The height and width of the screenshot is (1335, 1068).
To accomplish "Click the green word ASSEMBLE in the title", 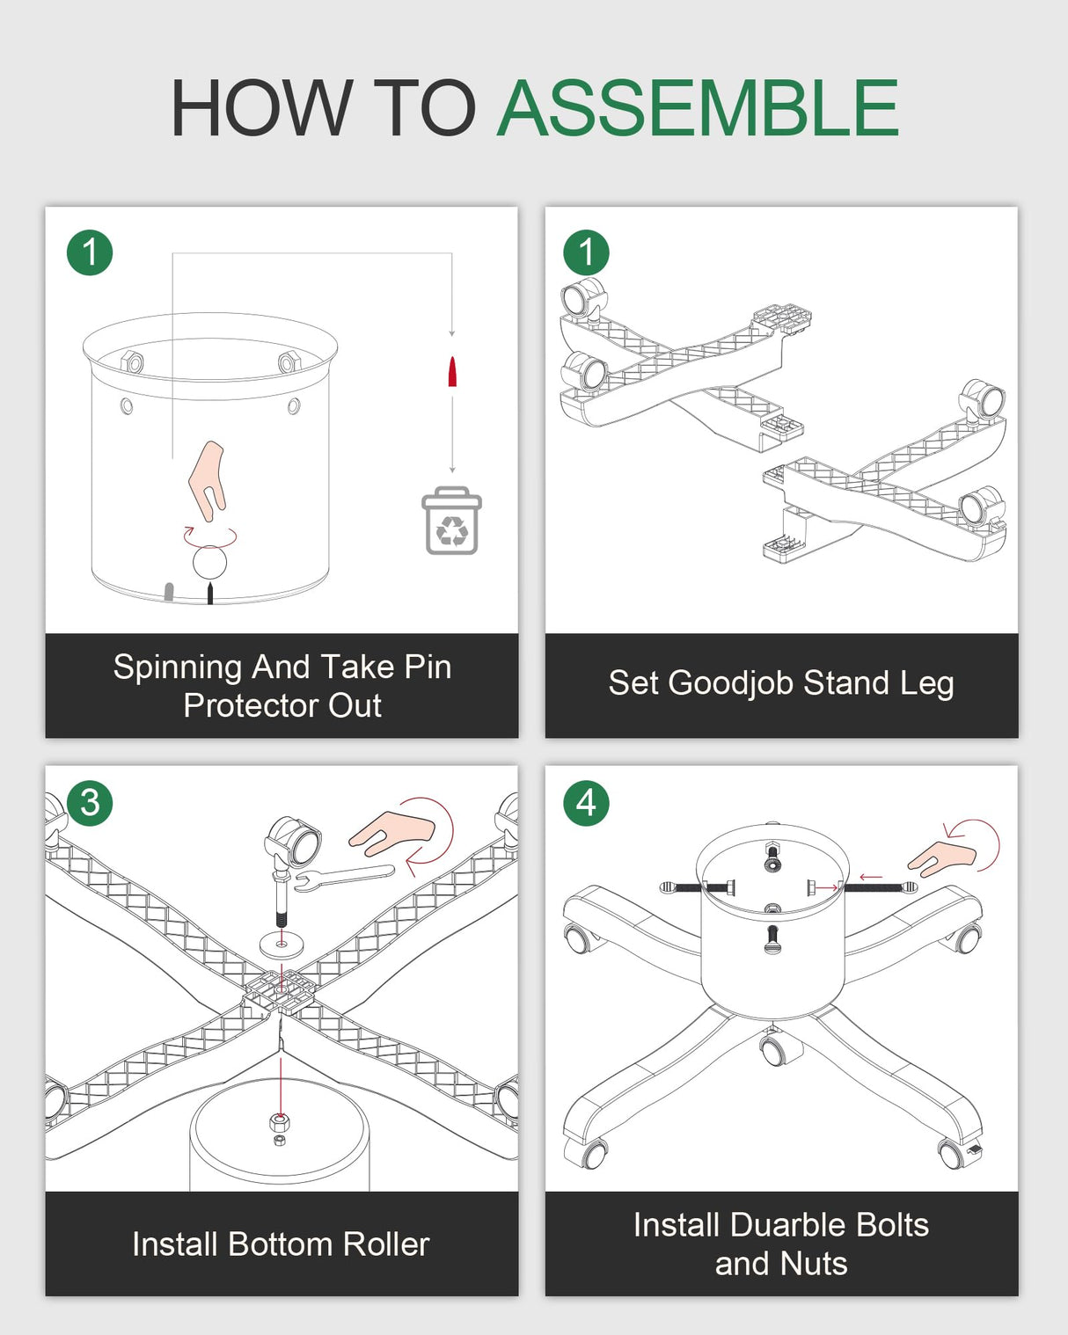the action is (698, 107).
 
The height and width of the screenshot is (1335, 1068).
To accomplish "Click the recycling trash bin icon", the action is (452, 521).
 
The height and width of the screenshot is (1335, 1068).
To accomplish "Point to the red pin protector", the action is (452, 372).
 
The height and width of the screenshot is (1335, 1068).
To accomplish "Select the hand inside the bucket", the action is (208, 479).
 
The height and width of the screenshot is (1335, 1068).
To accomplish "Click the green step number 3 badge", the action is (90, 803).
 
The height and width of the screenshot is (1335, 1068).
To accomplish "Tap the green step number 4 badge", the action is (587, 803).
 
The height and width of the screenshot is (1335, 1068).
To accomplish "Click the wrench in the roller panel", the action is (344, 878).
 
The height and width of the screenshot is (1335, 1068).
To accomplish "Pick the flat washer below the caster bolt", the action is (282, 945).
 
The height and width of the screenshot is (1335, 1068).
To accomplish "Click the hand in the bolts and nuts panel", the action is (941, 858).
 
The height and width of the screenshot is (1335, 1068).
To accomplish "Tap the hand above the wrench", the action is (391, 830).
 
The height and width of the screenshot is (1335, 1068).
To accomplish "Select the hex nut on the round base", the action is (280, 1121).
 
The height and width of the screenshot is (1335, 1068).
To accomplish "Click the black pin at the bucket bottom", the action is (209, 592).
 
